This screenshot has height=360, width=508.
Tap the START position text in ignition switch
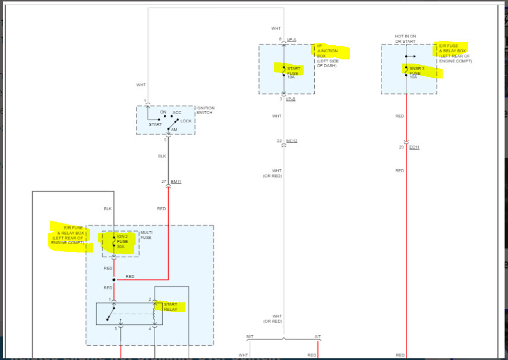(x=156, y=124)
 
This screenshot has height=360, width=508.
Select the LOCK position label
(x=186, y=121)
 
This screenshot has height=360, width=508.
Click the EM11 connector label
(x=175, y=181)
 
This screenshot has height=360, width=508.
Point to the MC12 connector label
(x=291, y=141)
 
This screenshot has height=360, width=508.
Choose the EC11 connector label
(x=414, y=147)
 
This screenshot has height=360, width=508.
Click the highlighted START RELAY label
(x=171, y=307)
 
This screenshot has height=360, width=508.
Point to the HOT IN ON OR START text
(x=406, y=39)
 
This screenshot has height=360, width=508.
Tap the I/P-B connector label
(x=291, y=99)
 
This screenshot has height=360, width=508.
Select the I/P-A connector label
(x=291, y=40)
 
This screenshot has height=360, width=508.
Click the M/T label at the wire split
(x=250, y=337)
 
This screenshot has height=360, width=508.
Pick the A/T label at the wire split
(x=317, y=337)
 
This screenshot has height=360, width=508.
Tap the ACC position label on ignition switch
(x=177, y=112)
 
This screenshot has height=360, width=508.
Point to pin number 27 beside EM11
(x=163, y=181)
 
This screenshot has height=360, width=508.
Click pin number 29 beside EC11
(x=402, y=147)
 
